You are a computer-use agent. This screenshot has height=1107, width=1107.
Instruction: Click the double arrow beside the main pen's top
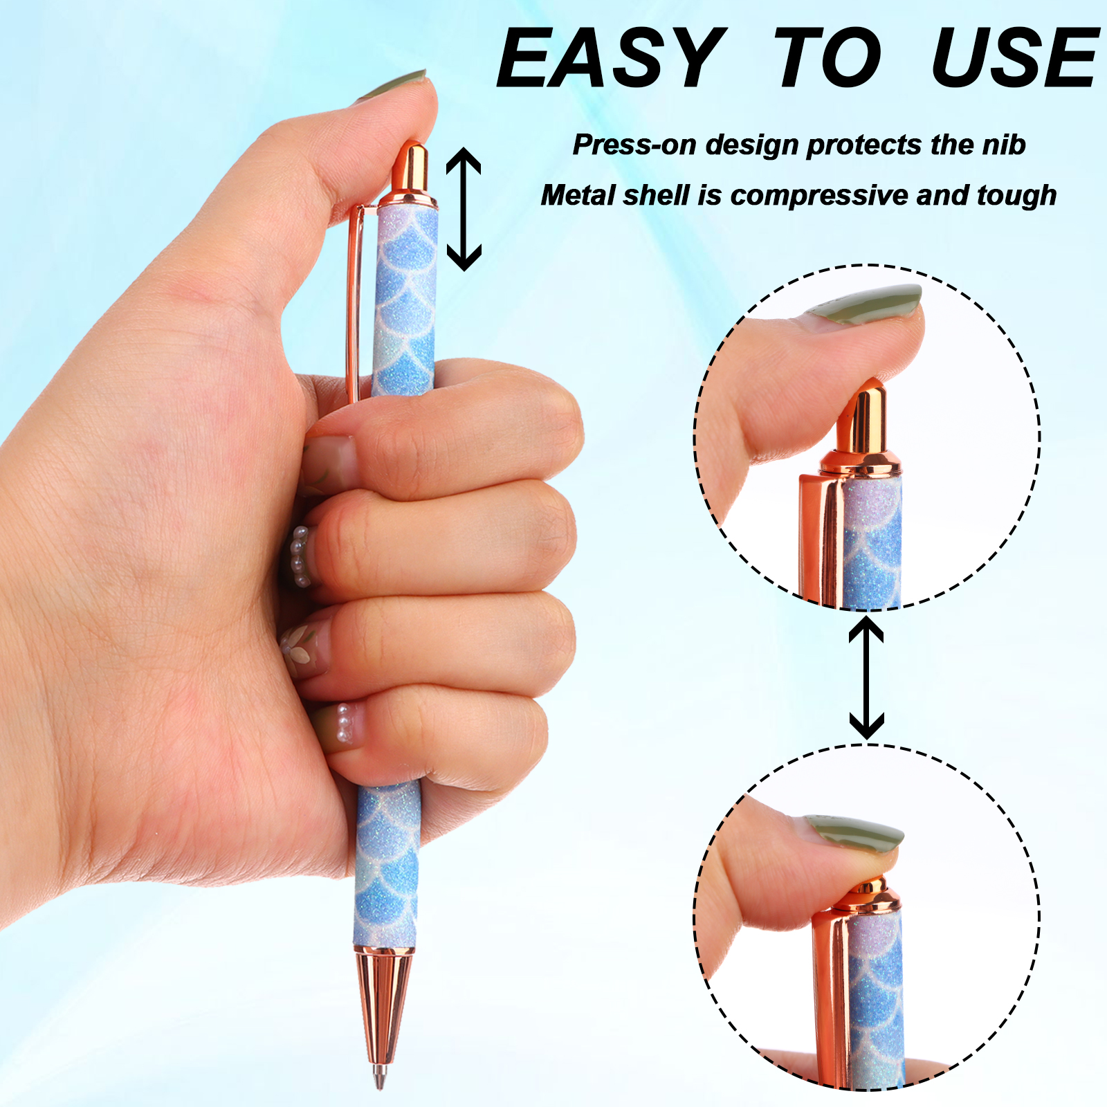click(x=464, y=209)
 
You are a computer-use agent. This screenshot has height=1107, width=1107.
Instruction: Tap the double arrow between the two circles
click(x=866, y=678)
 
